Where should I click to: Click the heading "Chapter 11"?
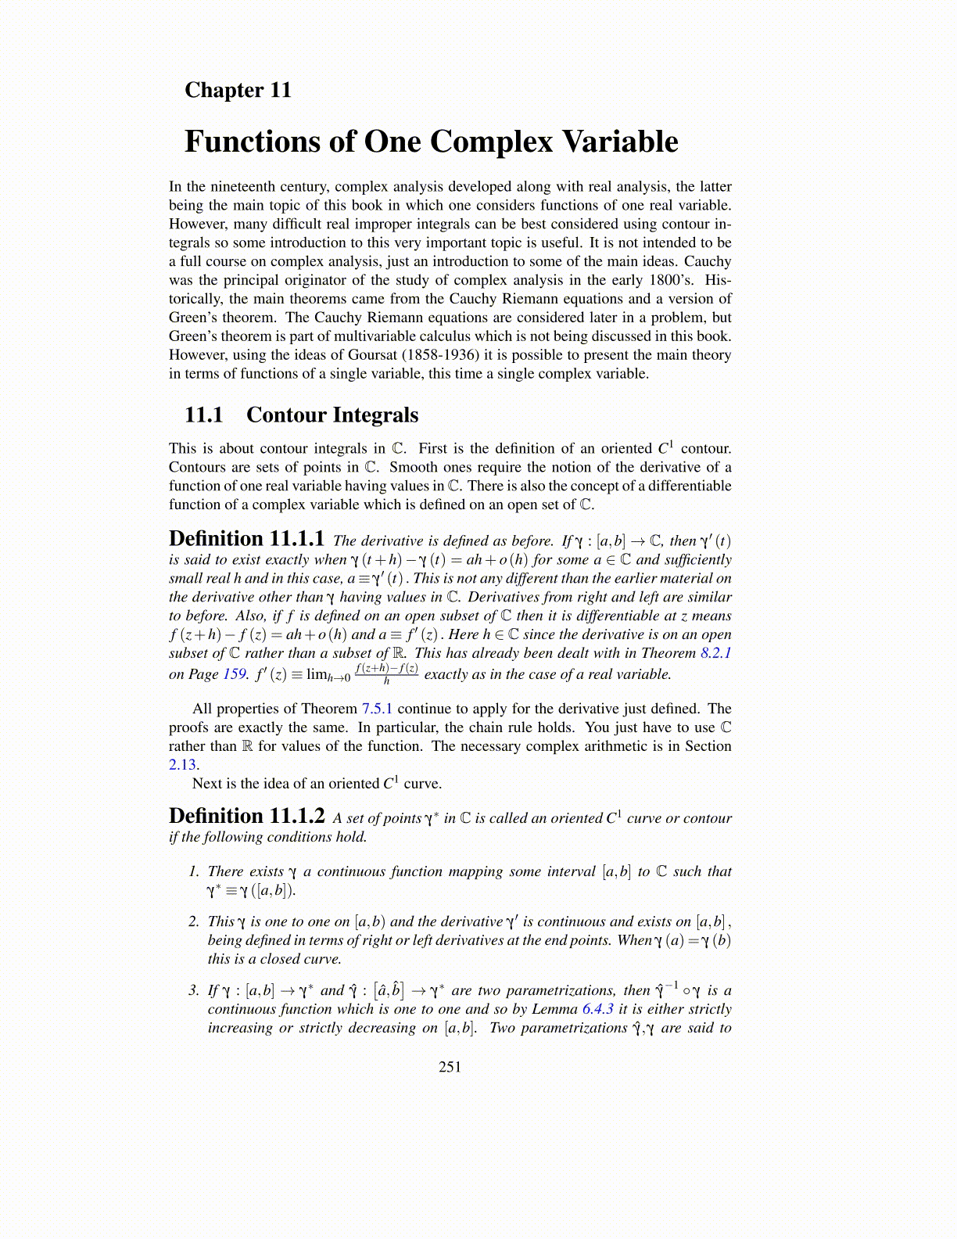coord(238,90)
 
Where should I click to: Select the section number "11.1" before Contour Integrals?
coord(204,415)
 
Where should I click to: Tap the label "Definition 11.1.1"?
coord(246,539)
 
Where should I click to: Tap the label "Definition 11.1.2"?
coord(246,816)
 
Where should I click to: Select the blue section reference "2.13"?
coord(183,765)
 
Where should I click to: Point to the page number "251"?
coord(450,1067)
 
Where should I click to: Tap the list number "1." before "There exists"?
coord(194,871)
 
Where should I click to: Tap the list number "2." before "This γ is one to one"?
coord(194,921)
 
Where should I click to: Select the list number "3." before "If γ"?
coord(194,990)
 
